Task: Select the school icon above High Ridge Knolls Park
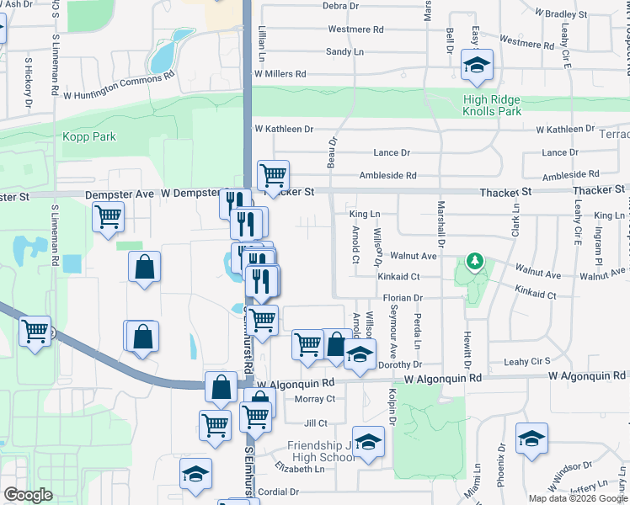tap(478, 65)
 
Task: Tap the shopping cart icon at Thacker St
tap(274, 175)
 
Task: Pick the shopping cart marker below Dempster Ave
tap(108, 216)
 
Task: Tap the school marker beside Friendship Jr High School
tap(368, 441)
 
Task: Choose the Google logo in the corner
tap(28, 495)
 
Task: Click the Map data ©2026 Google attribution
tap(577, 498)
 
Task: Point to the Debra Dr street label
tap(341, 6)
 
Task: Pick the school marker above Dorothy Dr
tap(360, 353)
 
